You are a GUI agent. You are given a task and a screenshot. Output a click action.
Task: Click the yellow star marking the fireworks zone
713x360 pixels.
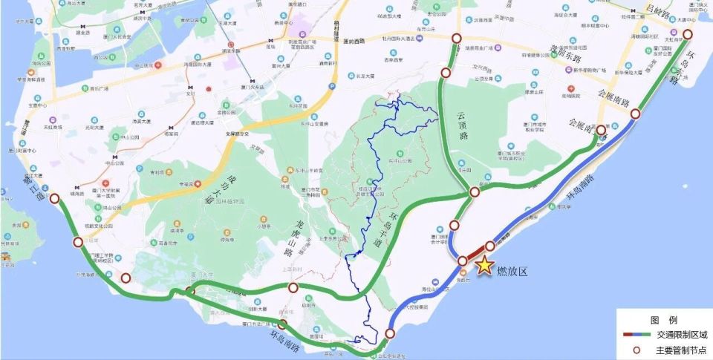[x=484, y=265]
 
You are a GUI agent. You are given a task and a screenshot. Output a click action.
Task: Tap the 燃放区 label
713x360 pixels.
[x=512, y=272]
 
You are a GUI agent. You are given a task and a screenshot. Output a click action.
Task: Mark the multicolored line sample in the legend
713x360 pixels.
[x=637, y=335]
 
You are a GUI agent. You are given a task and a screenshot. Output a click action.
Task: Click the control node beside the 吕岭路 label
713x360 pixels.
[x=688, y=34]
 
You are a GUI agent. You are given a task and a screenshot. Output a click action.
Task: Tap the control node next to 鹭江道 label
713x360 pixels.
[x=54, y=198]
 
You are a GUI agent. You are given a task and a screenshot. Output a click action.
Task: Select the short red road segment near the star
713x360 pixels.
[x=476, y=253]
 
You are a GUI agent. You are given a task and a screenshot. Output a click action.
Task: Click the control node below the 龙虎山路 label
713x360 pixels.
[x=294, y=288]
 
